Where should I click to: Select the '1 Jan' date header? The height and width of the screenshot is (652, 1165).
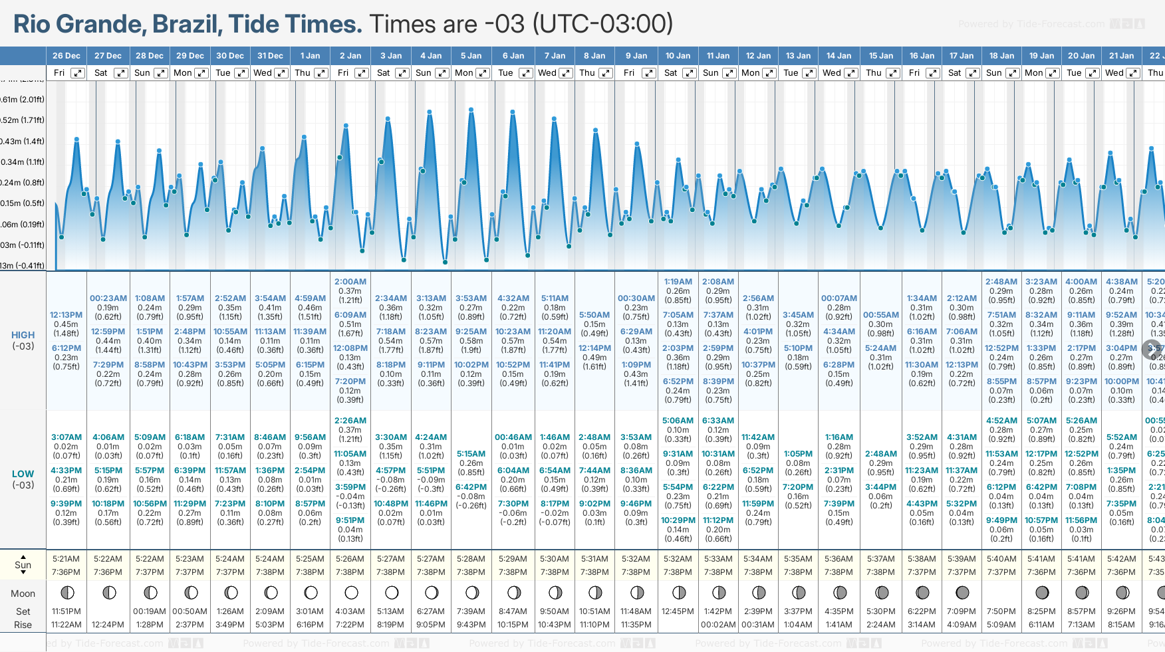click(310, 56)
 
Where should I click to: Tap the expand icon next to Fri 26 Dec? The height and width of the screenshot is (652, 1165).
click(78, 73)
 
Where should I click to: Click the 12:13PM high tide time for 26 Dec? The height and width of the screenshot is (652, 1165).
click(66, 315)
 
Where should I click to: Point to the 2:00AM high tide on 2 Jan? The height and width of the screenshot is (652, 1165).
click(350, 282)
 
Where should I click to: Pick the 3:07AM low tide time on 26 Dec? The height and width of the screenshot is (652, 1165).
click(66, 437)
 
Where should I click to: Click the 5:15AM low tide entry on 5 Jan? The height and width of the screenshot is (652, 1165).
click(471, 454)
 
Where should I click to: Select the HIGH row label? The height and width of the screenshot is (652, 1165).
click(23, 335)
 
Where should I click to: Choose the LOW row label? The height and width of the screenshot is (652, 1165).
click(23, 474)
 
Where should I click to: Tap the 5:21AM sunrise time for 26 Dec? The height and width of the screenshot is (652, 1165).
click(66, 559)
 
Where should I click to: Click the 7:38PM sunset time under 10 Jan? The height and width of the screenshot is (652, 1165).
click(677, 572)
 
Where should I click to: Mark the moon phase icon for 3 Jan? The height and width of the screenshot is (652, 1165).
click(392, 592)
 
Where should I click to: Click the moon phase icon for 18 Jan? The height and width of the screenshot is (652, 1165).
click(1001, 592)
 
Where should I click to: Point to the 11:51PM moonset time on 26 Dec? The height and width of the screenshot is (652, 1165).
click(66, 611)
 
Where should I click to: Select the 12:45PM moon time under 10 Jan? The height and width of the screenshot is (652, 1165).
click(677, 611)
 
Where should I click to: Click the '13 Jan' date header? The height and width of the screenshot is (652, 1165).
click(799, 56)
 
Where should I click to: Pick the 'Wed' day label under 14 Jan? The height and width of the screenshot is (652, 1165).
click(832, 73)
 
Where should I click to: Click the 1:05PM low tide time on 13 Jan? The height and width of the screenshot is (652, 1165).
click(798, 454)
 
